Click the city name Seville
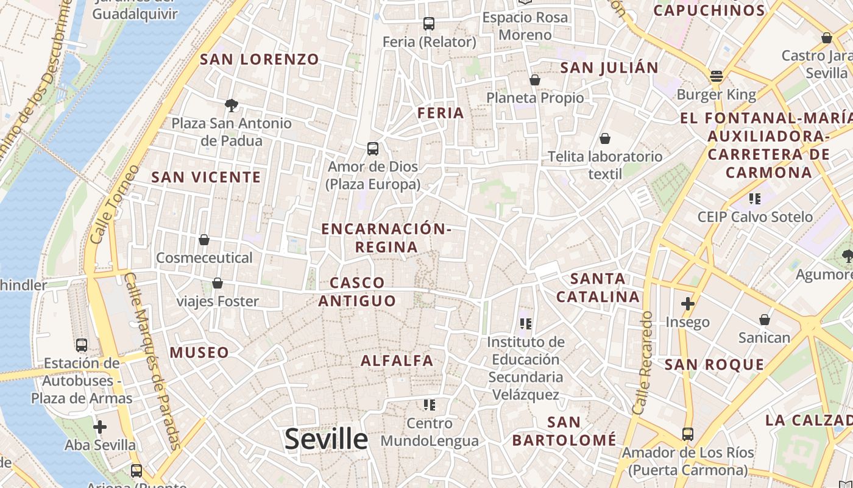(326, 439)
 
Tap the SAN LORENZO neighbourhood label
(260, 59)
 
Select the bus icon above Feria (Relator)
(429, 24)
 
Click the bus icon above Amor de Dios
(372, 148)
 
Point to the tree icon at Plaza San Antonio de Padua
(231, 106)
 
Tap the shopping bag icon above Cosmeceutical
(204, 240)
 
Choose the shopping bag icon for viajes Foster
(217, 283)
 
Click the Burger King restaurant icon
(716, 76)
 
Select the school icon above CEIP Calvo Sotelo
(755, 199)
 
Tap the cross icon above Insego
(688, 303)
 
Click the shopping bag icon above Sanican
(764, 320)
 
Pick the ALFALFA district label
(397, 361)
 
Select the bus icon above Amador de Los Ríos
(687, 434)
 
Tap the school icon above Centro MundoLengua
(430, 404)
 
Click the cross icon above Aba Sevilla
(100, 426)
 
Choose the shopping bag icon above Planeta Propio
(535, 80)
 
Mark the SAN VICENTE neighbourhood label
(206, 178)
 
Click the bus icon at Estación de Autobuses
(82, 345)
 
